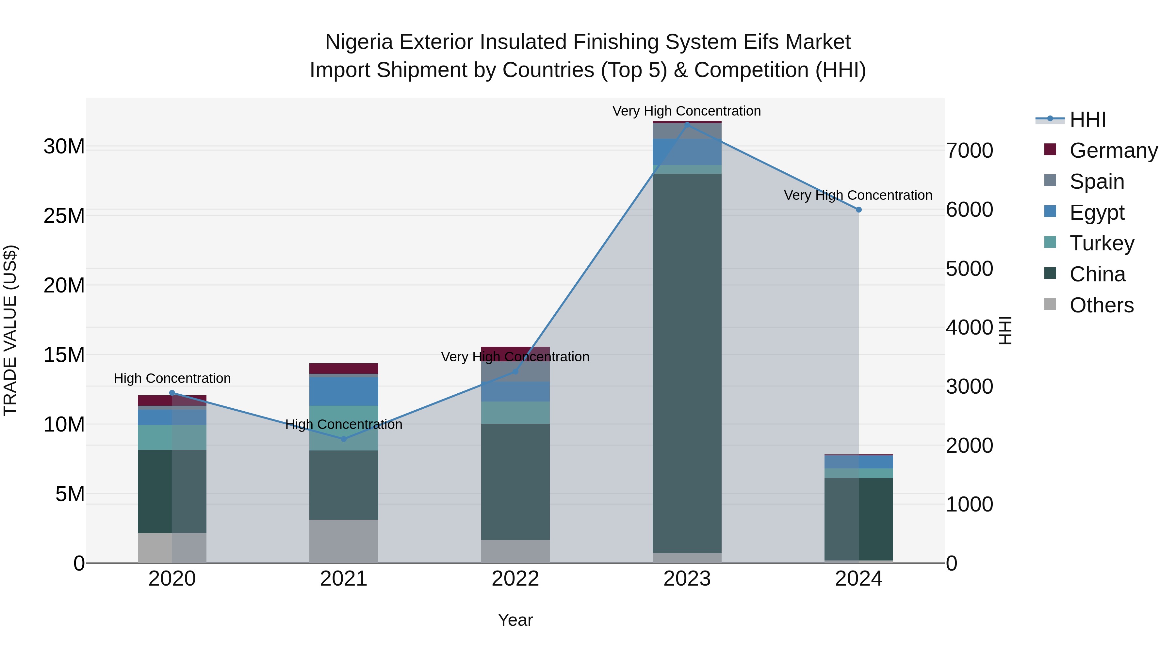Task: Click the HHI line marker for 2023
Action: click(687, 124)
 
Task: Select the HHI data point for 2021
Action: click(344, 439)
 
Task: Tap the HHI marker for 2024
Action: click(859, 210)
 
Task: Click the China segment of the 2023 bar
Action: click(687, 363)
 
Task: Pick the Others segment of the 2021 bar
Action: click(344, 541)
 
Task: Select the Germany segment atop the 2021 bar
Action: click(344, 368)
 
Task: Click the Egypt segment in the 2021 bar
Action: click(344, 391)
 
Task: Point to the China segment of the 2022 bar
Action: click(515, 481)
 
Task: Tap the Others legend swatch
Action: click(1050, 304)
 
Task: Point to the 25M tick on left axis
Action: click(64, 216)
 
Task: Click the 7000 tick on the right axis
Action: click(969, 150)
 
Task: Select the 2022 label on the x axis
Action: click(515, 579)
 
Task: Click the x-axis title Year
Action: click(515, 620)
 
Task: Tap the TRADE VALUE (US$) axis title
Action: click(10, 330)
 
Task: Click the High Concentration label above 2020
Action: click(172, 378)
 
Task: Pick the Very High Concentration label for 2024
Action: click(858, 195)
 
